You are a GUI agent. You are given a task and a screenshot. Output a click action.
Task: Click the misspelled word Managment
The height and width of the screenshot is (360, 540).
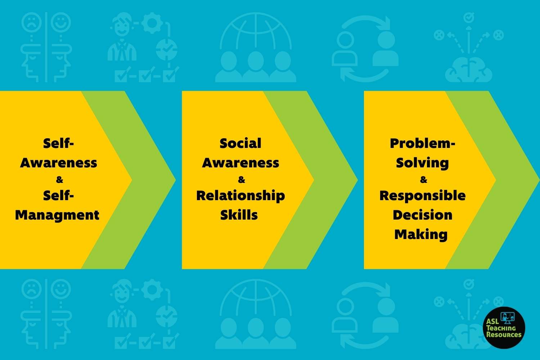[57, 215]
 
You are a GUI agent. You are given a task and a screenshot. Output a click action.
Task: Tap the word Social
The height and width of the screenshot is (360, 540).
[240, 143]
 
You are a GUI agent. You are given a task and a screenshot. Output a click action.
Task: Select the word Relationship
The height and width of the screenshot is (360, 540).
[240, 196]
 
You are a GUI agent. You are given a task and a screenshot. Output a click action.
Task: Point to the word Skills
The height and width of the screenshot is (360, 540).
[239, 215]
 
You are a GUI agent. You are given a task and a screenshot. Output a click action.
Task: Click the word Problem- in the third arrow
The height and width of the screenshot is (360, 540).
[422, 143]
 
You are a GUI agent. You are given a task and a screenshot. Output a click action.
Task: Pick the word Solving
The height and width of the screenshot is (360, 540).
[422, 163]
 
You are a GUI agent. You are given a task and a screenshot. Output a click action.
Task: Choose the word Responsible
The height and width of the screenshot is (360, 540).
[422, 195]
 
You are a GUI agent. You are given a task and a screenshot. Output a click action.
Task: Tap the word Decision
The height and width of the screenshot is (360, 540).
[422, 215]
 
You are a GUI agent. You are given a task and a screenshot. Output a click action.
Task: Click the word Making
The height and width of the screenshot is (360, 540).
[421, 235]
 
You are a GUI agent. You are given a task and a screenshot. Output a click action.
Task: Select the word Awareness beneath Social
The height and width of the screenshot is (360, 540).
[240, 163]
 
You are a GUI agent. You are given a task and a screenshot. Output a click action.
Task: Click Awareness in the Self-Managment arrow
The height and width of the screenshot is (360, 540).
[58, 163]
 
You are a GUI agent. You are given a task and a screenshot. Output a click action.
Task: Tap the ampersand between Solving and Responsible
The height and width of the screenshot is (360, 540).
[424, 180]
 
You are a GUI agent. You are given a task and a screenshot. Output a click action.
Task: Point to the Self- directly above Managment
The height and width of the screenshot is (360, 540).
[58, 195]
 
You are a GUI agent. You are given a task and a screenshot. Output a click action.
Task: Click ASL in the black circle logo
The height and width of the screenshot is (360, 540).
[492, 321]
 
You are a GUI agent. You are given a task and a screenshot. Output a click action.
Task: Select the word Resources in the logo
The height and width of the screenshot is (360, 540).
[504, 335]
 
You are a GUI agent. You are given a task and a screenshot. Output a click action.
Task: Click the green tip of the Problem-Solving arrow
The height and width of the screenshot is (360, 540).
[539, 180]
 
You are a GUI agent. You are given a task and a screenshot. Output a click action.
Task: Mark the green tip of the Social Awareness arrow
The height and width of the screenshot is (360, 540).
[357, 180]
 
